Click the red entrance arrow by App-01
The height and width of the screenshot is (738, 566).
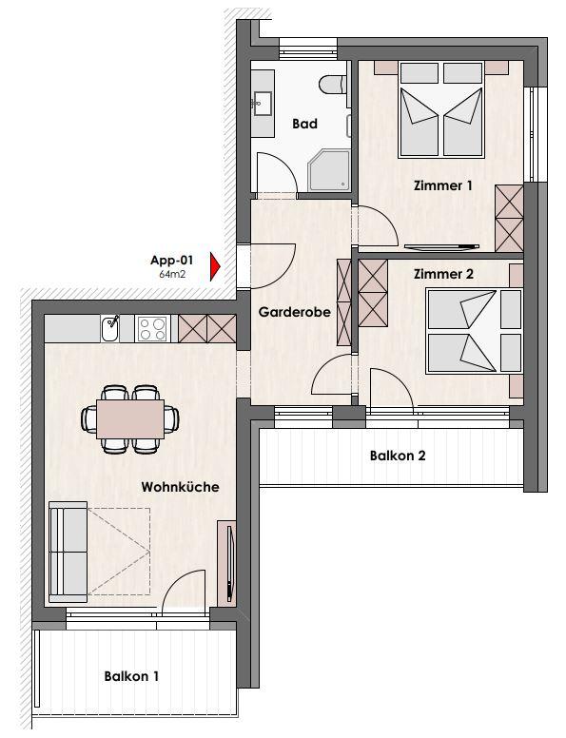tap(215, 267)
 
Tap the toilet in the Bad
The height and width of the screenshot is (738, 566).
tap(332, 86)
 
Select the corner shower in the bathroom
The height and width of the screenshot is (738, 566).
tap(330, 170)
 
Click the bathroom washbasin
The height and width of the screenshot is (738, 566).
tap(262, 103)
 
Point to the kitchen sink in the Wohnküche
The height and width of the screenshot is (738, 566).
tap(110, 328)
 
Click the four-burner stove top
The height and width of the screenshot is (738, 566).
tap(151, 328)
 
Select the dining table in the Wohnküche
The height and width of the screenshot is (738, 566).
tap(130, 418)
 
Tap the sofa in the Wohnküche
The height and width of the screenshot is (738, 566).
tap(68, 552)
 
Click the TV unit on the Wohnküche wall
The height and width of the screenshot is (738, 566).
tap(226, 563)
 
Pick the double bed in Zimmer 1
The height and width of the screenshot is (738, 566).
tap(441, 109)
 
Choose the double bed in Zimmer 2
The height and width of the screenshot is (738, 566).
tap(474, 331)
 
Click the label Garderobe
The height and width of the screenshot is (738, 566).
tap(294, 312)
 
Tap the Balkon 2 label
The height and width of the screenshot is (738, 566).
tap(398, 456)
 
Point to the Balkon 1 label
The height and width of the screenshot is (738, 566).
tap(131, 676)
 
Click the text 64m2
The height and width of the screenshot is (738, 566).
tap(172, 274)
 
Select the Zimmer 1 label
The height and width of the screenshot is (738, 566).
tap(442, 185)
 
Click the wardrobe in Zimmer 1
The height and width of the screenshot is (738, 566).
tap(509, 219)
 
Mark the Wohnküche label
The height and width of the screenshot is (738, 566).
tap(181, 487)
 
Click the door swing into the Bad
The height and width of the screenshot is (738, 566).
tap(278, 172)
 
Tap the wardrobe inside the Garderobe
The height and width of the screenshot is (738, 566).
tap(344, 302)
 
